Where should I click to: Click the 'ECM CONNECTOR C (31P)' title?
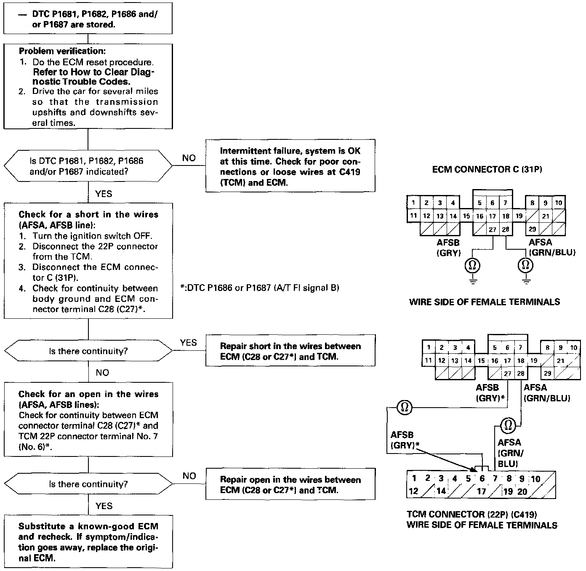[x=487, y=170]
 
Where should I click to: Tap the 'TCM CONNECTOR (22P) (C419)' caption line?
[x=471, y=514]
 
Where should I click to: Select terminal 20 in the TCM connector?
[x=522, y=491]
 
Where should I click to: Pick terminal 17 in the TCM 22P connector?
[x=481, y=491]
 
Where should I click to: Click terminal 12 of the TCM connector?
[x=414, y=491]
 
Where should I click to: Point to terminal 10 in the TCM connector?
[x=535, y=479]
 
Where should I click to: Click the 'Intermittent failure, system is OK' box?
[x=290, y=166]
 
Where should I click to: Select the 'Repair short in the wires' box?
[x=290, y=351]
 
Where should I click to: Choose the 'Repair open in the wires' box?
[x=290, y=485]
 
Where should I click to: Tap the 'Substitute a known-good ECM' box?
[x=88, y=542]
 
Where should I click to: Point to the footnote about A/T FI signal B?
[x=259, y=288]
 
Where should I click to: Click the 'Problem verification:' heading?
[x=62, y=51]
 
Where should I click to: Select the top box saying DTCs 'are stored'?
[x=88, y=19]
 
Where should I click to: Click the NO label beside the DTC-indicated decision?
[x=189, y=158]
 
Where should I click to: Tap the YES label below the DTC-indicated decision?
[x=104, y=194]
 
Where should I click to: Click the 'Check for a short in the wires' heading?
[x=88, y=214]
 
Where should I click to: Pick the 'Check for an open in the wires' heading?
[x=88, y=394]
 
